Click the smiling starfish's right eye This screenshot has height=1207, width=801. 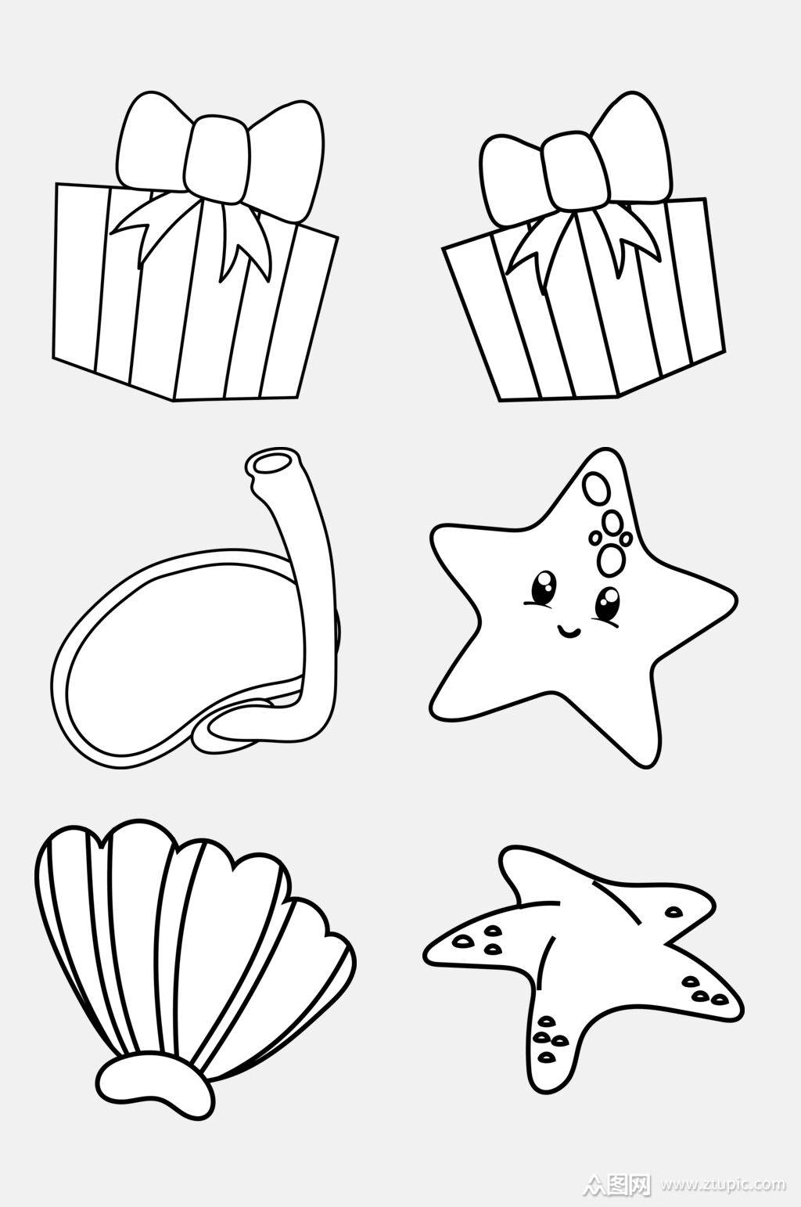point(608,603)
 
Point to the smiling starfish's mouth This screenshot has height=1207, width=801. point(569,629)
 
